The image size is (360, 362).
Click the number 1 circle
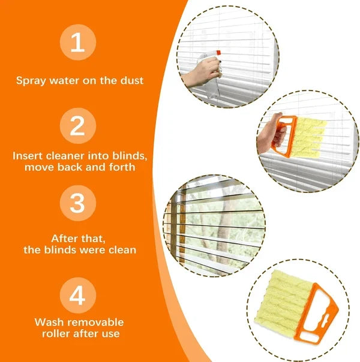77,43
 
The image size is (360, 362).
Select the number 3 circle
77,204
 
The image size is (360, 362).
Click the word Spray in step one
30,80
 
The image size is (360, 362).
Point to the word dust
132,80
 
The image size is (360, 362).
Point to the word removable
94,322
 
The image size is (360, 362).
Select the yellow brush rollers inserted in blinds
308,135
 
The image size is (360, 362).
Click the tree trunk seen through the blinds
224,228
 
